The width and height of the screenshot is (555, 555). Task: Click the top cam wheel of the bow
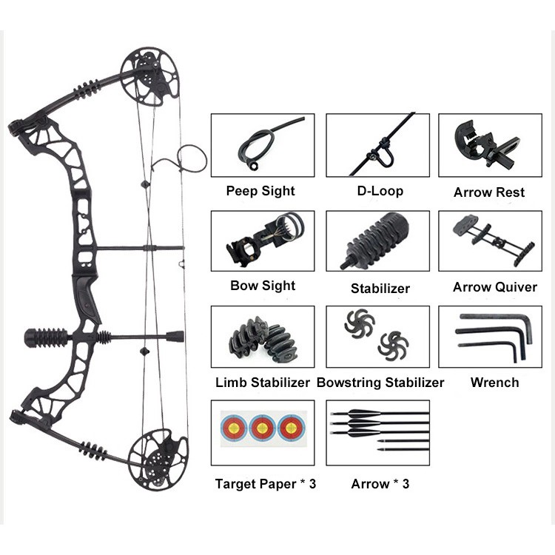pos(151,75)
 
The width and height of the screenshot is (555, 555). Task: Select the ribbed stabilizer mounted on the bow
pos(47,337)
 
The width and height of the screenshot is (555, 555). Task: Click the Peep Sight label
pos(260,191)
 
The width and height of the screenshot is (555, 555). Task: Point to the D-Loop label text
pos(380,191)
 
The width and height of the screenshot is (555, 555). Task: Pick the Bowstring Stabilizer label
pos(380,383)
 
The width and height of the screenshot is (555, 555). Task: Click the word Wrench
pos(494,383)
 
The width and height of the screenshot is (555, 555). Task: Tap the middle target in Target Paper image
pos(262,427)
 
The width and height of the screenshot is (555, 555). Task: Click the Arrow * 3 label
pos(380,484)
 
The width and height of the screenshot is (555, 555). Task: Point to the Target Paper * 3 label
pos(266,484)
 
